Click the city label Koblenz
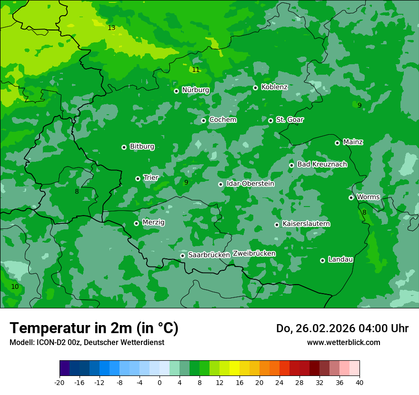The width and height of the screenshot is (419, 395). coord(274,87)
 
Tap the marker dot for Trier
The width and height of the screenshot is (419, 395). coord(138,178)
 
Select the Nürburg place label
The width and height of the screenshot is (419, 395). coord(195,90)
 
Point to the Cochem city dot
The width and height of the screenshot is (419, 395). coord(204,120)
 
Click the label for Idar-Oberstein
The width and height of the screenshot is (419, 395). coord(250,184)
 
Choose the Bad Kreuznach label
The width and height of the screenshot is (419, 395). coord(322,164)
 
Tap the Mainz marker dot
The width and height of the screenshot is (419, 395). coord(338,143)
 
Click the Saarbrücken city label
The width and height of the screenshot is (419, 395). coord(209,255)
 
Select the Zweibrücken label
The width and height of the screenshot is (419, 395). coord(254,254)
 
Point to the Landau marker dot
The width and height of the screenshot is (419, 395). coord(323,260)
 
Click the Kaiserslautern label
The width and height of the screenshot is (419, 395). coord(306,224)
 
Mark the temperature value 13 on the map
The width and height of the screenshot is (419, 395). coord(111,28)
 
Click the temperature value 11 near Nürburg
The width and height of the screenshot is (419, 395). coord(196,70)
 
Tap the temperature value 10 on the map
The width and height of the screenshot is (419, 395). coord(15,286)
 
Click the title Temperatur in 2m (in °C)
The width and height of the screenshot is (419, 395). coord(94,328)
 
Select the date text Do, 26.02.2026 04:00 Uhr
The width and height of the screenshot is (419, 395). coord(342,328)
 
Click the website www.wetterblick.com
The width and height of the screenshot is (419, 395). coord(343,342)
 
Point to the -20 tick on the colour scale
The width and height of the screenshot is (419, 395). coord(60,382)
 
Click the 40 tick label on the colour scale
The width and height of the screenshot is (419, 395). coord(359,382)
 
